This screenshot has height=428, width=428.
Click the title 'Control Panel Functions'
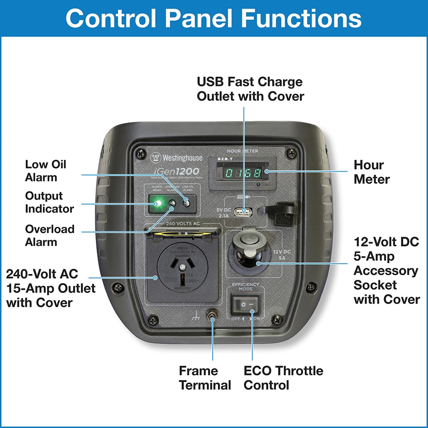point(214,18)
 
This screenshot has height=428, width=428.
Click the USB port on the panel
point(245,211)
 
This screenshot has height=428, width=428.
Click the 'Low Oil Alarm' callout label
point(46,171)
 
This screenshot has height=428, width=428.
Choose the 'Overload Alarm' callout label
point(50,235)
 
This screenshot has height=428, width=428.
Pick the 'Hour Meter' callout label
point(369,172)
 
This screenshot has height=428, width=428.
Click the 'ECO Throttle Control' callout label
point(283,377)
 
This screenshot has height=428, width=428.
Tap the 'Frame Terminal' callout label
point(205,377)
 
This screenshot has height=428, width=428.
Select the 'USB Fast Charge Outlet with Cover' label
point(250,89)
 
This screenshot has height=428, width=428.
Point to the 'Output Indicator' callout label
point(49,202)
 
